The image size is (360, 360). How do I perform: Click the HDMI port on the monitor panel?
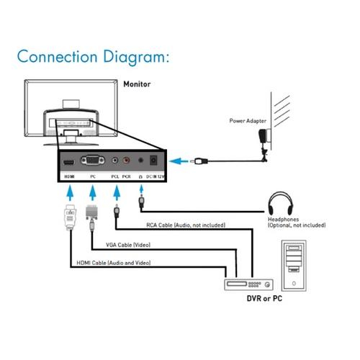pos(69,162)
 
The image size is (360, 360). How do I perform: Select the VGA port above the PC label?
pos(93,161)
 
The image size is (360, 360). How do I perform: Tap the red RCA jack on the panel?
pos(126,160)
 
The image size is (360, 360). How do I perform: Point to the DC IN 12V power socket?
pos(153,161)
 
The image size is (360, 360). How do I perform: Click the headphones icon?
pos(281,203)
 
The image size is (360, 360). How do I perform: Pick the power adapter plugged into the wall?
pos(264,137)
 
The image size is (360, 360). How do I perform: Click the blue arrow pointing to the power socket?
pos(179,161)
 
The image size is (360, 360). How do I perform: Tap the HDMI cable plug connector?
pos(71,217)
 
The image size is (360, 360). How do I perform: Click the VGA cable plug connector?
pos(91,216)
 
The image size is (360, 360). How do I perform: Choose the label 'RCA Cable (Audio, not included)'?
pos(186,225)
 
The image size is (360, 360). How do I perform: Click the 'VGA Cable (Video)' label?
pos(128,245)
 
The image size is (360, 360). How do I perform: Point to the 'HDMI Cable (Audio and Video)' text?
pos(114,263)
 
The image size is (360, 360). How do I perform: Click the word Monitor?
pos(137,84)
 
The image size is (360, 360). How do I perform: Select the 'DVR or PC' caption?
pos(264,299)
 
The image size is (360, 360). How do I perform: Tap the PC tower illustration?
pos(294,266)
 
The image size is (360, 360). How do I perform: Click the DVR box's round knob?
pos(267,285)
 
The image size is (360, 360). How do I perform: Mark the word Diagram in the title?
pos(136,58)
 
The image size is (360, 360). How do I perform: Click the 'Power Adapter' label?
pos(248,121)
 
